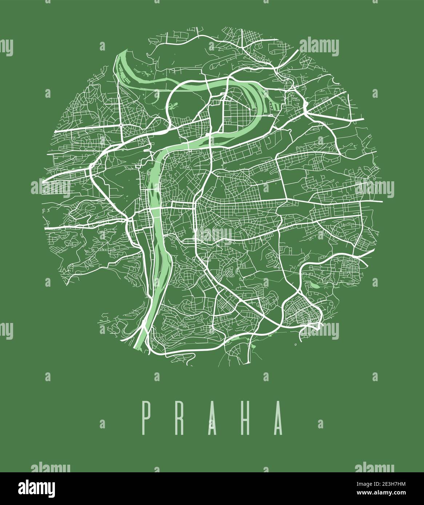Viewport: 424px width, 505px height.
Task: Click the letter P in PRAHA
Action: click(147, 418)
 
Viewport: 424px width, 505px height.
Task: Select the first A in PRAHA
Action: click(213, 418)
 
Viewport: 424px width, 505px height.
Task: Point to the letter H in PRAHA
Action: click(246, 418)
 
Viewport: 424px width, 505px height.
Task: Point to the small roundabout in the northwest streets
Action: click(120, 126)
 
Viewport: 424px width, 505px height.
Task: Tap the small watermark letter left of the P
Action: click(102, 424)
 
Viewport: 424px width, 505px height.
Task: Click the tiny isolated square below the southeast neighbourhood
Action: click(296, 344)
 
